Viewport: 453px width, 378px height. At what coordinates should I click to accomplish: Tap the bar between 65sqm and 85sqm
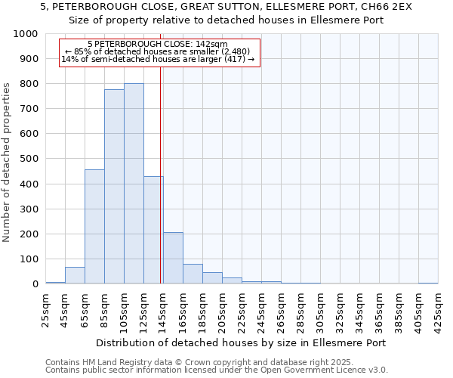click(x=94, y=227)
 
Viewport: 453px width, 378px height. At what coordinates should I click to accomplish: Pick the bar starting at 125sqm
click(x=153, y=230)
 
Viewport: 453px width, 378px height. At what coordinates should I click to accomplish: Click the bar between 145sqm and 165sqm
click(x=173, y=258)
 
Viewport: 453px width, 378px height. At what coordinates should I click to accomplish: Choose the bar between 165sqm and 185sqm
click(x=193, y=274)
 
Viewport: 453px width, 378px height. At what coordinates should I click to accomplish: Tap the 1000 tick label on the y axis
click(x=26, y=34)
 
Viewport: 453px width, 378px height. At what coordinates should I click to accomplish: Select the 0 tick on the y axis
click(x=35, y=284)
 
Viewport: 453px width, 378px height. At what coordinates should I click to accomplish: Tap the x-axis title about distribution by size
click(x=242, y=342)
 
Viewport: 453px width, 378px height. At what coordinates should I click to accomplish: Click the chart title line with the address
click(x=226, y=6)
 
